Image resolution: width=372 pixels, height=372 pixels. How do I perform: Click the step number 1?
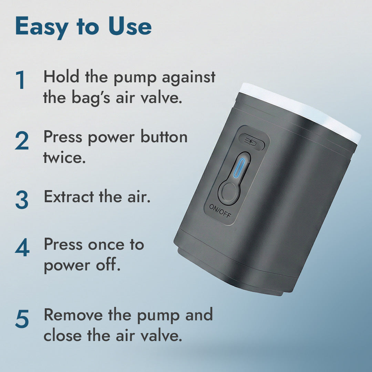click(21, 80)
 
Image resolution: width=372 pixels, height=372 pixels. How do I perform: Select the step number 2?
click(21, 141)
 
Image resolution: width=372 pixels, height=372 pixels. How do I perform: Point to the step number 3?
click(21, 200)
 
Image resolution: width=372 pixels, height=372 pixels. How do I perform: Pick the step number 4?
click(22, 249)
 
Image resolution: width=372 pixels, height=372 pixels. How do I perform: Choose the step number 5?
click(22, 319)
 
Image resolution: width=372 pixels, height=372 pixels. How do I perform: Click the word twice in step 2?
click(64, 158)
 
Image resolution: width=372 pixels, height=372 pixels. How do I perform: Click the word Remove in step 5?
click(74, 315)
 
